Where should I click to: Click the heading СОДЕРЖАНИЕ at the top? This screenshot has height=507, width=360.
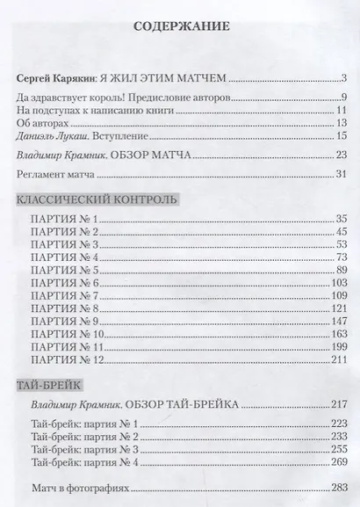(x=179, y=27)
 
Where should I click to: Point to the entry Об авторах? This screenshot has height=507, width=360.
(x=44, y=124)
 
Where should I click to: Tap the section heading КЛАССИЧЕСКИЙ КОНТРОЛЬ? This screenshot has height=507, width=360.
(x=97, y=199)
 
